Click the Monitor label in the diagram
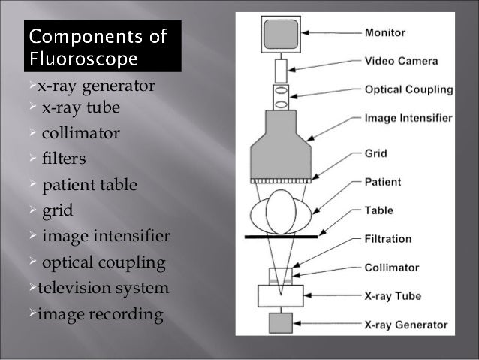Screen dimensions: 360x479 point(384,32)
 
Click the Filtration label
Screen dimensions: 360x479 point(388,239)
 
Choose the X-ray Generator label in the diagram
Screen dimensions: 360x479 point(406,325)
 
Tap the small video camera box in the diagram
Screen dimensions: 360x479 point(280,71)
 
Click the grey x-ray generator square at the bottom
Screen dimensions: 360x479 point(280,324)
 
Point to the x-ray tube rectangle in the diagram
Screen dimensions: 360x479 point(280,295)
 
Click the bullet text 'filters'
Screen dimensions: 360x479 point(64,159)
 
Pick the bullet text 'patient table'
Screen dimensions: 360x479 point(89,185)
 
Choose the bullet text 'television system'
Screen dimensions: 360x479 point(104,288)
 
